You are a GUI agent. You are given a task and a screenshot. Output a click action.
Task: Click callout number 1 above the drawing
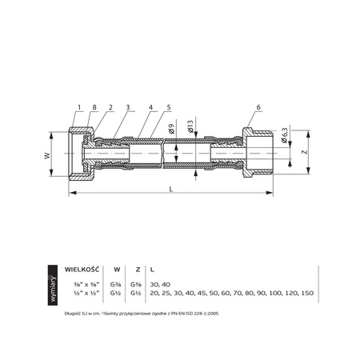coord(80,107)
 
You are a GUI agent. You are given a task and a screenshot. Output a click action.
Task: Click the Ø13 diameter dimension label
coord(190,125)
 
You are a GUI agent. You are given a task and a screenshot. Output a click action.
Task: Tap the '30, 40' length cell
coord(160,284)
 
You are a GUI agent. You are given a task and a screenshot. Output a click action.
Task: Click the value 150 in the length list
coord(306,294)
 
